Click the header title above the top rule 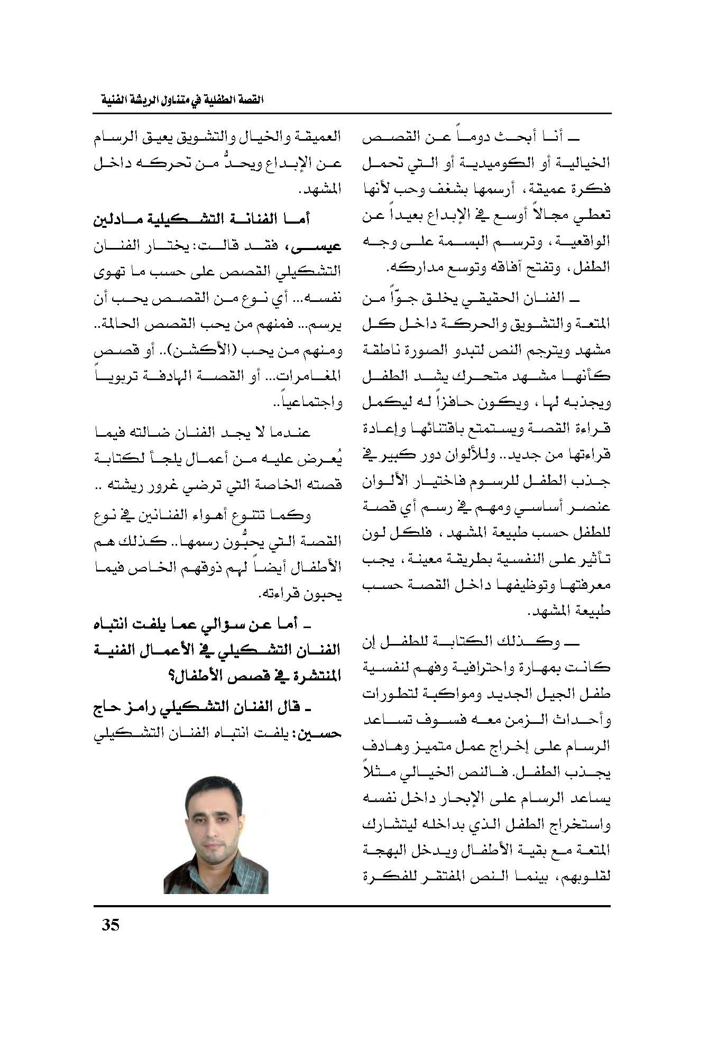[178, 100]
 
